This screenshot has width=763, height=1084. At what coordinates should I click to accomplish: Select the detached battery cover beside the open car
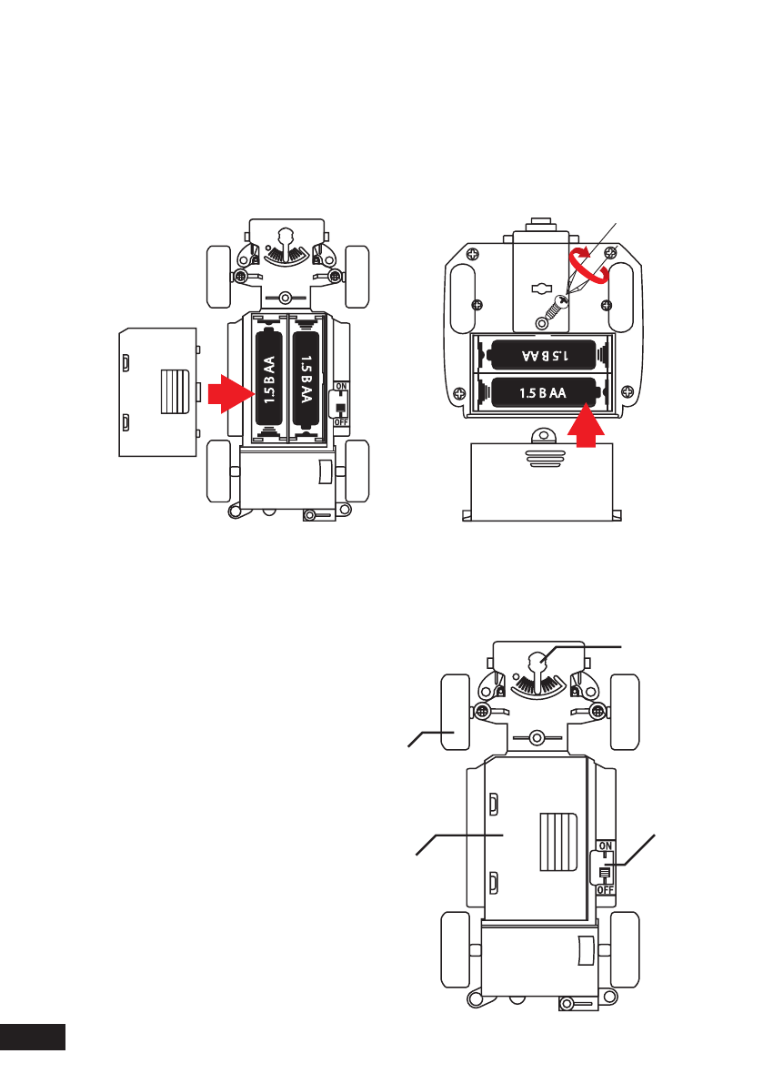click(158, 391)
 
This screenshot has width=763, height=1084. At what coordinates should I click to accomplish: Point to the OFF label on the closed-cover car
click(606, 889)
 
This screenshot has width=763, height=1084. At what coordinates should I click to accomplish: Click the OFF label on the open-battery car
click(341, 421)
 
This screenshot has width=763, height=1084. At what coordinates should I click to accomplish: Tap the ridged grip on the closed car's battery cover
click(557, 843)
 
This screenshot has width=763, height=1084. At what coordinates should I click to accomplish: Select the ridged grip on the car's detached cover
click(176, 391)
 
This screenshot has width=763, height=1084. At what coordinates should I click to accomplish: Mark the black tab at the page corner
click(33, 1037)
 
